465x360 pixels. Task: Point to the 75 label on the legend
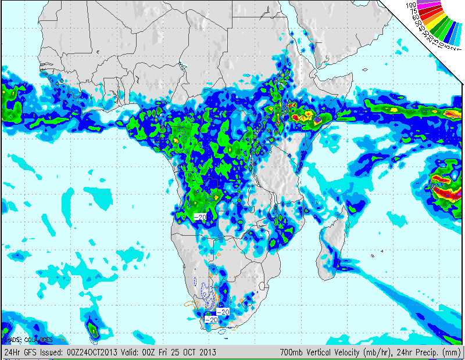click(414, 11)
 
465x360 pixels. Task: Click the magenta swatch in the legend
click(430, 6)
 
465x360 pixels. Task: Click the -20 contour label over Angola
click(200, 217)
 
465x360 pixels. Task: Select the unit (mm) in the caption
click(452, 352)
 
